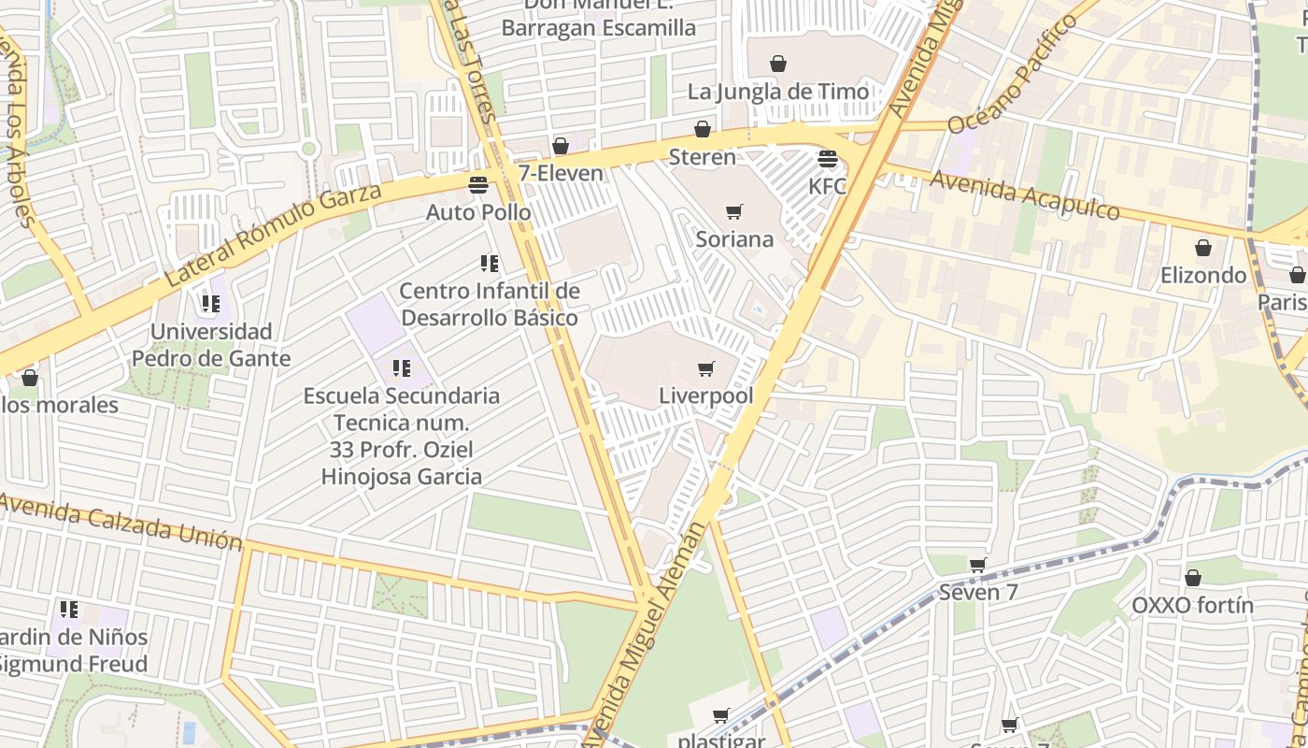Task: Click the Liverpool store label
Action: (705, 396)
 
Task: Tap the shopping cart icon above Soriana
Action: (734, 212)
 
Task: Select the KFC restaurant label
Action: (827, 186)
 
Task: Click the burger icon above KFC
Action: (827, 158)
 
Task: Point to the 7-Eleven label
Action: (561, 173)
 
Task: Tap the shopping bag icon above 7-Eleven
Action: (561, 146)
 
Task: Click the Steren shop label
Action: (703, 156)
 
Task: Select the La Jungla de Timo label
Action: (778, 92)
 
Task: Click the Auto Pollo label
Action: (478, 212)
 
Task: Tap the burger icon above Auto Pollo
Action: (478, 184)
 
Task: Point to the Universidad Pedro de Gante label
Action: (211, 345)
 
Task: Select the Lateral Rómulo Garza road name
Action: (273, 235)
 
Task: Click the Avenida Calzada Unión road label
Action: (121, 522)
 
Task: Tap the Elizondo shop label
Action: (1203, 275)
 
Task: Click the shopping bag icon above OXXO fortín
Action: (1193, 578)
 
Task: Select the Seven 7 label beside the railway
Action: (978, 592)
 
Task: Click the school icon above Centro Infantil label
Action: (489, 264)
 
